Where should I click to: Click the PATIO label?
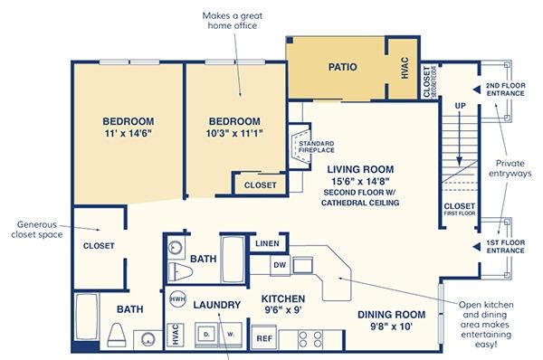click(342, 67)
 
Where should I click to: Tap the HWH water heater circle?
click(177, 299)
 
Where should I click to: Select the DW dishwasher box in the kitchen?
click(280, 265)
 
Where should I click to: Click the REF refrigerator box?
click(264, 338)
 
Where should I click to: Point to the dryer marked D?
click(206, 335)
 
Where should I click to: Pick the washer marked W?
click(231, 335)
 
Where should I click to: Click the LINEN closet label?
click(267, 243)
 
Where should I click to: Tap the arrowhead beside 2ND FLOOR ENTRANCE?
click(477, 90)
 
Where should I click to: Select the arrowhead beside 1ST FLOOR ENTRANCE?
click(477, 246)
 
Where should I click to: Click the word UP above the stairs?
click(461, 106)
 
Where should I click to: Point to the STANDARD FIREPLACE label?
click(317, 147)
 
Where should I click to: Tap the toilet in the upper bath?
click(180, 271)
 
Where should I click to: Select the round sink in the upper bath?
click(175, 248)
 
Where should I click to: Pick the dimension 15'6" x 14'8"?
click(360, 181)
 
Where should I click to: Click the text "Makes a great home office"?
click(233, 21)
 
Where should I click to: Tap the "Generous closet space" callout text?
click(37, 230)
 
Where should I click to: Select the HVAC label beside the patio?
click(405, 68)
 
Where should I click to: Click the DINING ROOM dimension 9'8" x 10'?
click(391, 326)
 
